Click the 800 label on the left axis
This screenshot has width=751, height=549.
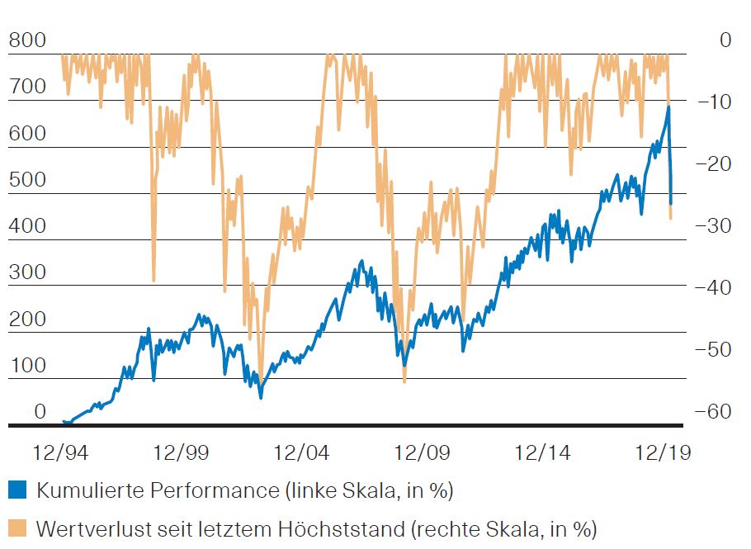tap(27, 40)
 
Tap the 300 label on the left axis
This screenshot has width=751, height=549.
tap(27, 272)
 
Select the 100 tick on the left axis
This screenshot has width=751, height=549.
tap(27, 365)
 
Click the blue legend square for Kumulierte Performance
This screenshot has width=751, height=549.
tap(18, 490)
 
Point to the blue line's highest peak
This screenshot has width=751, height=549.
tap(668, 106)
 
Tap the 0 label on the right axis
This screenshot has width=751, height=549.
tap(725, 40)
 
